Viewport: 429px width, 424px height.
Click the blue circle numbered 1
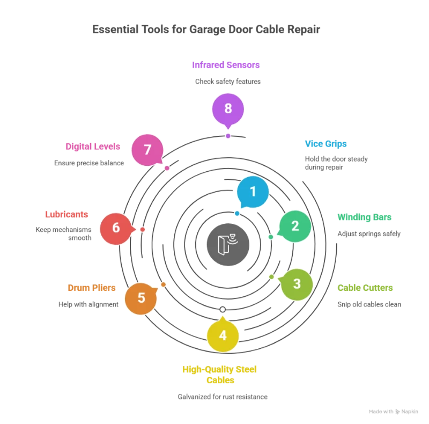click(x=253, y=191)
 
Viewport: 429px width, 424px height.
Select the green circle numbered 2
click(x=295, y=226)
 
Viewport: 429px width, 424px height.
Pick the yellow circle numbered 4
click(x=223, y=335)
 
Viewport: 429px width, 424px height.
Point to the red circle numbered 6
click(x=116, y=228)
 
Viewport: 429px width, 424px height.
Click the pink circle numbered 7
click(x=147, y=149)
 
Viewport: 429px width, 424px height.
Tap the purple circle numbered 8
click(x=228, y=108)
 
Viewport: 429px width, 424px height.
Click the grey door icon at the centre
click(x=228, y=245)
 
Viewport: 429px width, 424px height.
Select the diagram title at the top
click(x=206, y=29)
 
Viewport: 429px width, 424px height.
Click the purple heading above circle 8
click(x=226, y=65)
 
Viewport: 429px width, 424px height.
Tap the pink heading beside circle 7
click(x=93, y=146)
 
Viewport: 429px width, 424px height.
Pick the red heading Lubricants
click(x=67, y=215)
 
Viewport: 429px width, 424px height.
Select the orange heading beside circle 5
click(x=91, y=288)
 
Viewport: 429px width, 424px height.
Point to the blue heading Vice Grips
click(x=326, y=144)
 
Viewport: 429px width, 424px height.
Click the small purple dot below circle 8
click(x=228, y=136)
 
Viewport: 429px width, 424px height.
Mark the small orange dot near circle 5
click(x=163, y=284)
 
